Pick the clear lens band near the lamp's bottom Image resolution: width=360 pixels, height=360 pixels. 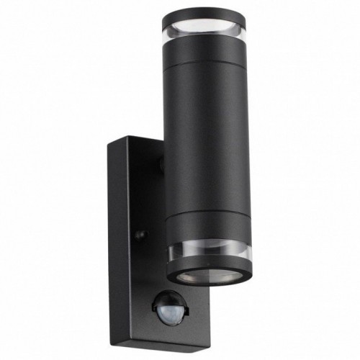coord(207,254)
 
